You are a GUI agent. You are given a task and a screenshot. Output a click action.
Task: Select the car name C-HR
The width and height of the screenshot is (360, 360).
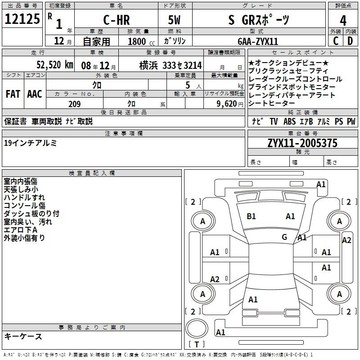(115, 20)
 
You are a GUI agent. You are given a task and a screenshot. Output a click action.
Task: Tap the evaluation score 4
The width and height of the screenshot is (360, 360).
(343, 21)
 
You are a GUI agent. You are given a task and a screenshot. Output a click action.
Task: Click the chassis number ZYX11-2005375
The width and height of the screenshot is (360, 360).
(302, 144)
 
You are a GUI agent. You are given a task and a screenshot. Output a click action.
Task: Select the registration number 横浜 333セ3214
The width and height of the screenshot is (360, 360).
(171, 66)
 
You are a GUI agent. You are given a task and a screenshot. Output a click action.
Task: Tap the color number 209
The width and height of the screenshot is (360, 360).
(75, 104)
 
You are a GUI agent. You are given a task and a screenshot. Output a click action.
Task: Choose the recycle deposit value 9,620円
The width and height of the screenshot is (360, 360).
(225, 104)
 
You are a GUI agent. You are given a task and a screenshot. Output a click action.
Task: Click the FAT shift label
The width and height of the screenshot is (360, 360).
(13, 94)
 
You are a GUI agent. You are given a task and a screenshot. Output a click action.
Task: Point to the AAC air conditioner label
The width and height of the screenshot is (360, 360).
(34, 94)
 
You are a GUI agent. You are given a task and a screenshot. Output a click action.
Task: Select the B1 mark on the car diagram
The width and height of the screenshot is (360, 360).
(252, 216)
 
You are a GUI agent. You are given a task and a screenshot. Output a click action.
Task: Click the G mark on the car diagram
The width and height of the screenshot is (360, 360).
(284, 237)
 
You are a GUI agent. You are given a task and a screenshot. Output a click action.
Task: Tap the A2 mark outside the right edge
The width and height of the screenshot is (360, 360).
(346, 240)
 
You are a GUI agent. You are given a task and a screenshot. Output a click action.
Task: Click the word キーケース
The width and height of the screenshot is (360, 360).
(23, 337)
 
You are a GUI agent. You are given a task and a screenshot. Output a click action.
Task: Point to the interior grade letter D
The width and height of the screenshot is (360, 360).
(350, 41)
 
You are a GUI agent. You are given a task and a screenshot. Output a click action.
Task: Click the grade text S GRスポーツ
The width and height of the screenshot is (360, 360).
(259, 20)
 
